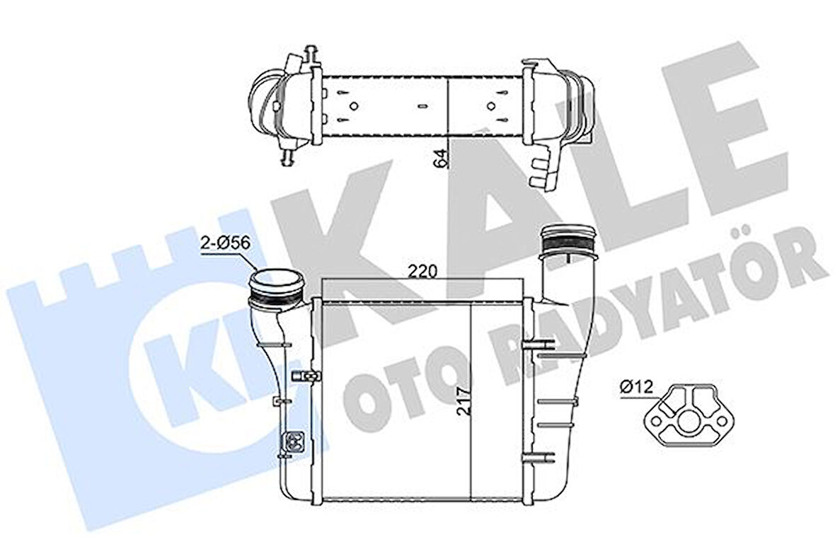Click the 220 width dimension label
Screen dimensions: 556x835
click(x=423, y=270)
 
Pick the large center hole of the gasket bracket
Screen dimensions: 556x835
click(x=686, y=426)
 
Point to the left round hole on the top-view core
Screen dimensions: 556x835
click(x=352, y=106)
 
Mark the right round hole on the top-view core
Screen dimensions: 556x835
click(x=491, y=106)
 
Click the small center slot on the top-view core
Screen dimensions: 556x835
click(x=422, y=106)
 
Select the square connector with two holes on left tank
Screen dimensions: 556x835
click(x=292, y=442)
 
